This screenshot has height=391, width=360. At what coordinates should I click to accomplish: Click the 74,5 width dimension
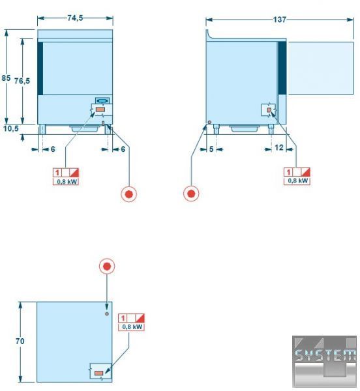click(75, 18)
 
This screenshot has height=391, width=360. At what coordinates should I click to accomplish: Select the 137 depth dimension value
click(279, 20)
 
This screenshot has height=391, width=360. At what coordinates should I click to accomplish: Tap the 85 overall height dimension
click(6, 78)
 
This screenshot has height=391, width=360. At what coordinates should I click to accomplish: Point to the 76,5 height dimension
click(22, 81)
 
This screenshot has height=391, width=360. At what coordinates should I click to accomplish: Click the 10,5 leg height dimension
click(11, 128)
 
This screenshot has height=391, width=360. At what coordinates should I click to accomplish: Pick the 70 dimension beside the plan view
click(20, 341)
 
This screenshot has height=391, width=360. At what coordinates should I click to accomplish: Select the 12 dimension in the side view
click(279, 148)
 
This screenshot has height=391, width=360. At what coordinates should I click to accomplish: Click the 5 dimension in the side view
click(211, 149)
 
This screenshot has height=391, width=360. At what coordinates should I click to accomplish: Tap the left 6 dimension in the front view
click(53, 149)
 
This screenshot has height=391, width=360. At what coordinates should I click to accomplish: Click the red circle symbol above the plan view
click(107, 267)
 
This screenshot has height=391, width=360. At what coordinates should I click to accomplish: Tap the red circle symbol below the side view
click(191, 194)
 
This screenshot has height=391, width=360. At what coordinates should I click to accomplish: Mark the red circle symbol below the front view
click(128, 194)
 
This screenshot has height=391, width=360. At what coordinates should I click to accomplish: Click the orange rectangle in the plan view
click(98, 373)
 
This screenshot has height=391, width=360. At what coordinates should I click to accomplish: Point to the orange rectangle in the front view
click(100, 109)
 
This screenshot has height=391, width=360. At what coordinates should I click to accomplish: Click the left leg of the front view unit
click(42, 129)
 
